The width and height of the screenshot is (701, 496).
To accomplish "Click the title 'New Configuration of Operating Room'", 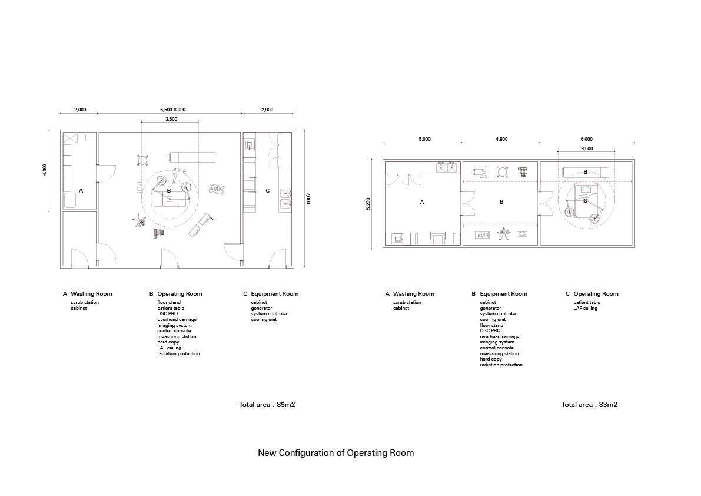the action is coord(335,453).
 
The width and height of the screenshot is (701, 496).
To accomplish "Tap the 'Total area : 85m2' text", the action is coord(267,405).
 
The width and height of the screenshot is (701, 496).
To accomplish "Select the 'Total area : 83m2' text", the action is coord(589,405).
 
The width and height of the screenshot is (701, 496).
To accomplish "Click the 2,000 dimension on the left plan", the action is coord(80,110).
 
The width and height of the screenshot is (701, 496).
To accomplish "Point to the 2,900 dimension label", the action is coord(267,110).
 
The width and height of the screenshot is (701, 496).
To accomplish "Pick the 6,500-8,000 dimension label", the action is coord(172,110).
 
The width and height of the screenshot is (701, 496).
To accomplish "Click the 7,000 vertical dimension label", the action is coord(307,200).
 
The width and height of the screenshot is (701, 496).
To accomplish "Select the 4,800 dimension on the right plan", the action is coord(501,140).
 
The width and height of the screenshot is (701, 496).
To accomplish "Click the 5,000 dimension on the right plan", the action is coord(424,140).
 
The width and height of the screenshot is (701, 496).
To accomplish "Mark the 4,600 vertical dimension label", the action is coord(45,170).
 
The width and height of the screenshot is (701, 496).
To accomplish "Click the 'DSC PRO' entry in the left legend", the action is coord(167,313).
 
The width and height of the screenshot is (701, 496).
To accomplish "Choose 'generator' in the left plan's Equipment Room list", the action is coord(261,308).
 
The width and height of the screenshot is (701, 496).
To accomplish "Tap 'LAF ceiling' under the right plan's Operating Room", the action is coord(585,308).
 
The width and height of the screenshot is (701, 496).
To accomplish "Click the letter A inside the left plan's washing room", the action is coord(81,191).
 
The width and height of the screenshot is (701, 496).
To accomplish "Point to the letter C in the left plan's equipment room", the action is coord(268,190).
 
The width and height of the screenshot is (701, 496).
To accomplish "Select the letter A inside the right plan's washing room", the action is coord(422,202).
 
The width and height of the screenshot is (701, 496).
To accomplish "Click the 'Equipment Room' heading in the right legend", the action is coord(503,293).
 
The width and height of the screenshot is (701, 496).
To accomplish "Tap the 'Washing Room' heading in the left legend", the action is coord(91,293).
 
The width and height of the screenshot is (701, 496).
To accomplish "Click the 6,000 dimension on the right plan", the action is coord(587,140).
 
